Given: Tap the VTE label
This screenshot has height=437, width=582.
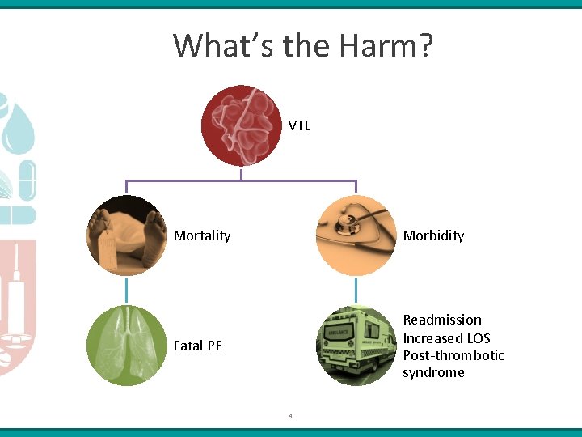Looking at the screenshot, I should click(300, 125).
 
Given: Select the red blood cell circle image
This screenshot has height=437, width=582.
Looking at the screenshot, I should click(241, 125).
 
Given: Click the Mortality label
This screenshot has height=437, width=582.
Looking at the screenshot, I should click(202, 235).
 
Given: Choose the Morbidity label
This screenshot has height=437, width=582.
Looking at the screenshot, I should click(433, 235).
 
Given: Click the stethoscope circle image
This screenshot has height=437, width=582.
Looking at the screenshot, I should click(356, 235).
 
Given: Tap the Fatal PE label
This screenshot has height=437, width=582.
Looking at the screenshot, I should click(197, 346).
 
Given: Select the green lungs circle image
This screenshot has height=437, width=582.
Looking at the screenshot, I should click(126, 346).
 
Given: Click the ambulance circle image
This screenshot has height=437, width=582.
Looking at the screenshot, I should click(356, 346).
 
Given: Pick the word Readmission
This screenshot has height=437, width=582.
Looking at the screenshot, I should click(442, 320).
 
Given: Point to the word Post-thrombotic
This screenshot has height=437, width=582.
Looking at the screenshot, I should click(453, 355).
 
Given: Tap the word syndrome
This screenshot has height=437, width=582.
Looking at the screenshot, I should click(433, 372).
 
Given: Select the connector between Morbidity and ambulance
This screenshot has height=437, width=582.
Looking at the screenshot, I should click(356, 291).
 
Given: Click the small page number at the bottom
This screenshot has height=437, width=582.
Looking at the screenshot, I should click(290, 416).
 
